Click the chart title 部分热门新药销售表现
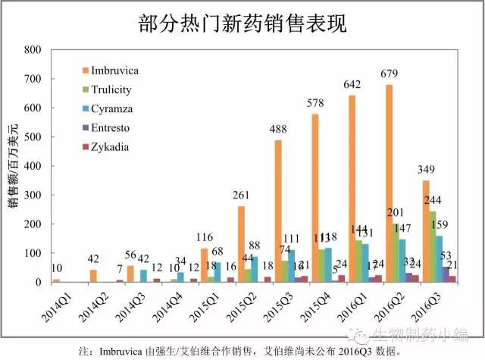(x=242, y=23)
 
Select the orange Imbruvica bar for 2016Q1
(x=353, y=189)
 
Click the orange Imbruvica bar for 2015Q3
(x=278, y=211)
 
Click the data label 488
(x=277, y=130)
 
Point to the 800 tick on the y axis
(x=33, y=50)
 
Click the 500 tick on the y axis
(x=33, y=137)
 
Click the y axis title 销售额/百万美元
(x=13, y=167)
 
